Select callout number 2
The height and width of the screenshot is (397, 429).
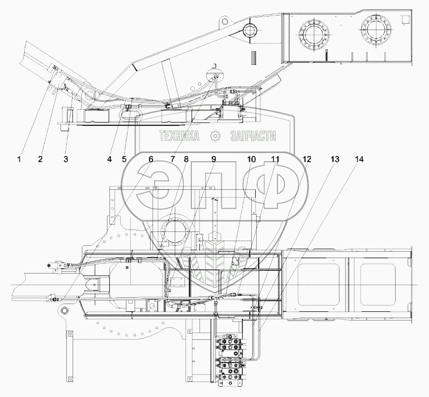[x=41, y=159]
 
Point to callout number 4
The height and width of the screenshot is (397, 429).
[x=110, y=159]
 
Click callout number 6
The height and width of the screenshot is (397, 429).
[x=151, y=159]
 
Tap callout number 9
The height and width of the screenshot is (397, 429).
[x=214, y=159]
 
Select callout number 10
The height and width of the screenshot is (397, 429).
[x=251, y=159]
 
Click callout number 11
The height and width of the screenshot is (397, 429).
[x=275, y=159]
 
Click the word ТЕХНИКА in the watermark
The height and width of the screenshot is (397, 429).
[x=179, y=137]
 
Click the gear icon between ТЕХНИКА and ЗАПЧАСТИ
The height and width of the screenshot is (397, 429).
[x=214, y=137]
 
